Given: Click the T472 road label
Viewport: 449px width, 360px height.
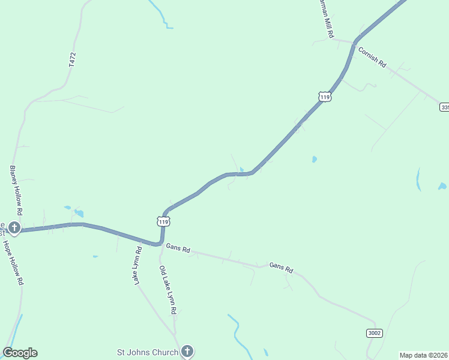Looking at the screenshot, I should (73, 59).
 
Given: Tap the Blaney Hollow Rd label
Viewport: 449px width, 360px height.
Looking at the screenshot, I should (16, 191).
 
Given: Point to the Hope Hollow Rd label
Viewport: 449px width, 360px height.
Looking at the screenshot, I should (13, 262).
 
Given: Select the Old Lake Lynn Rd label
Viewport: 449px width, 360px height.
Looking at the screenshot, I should (167, 290).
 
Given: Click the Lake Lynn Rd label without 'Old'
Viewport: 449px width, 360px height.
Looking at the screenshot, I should (137, 265).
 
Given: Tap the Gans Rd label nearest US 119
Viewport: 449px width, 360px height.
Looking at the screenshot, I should (178, 248).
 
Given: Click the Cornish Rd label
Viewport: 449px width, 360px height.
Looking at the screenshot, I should (372, 57).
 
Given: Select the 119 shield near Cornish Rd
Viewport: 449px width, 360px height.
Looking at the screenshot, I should (325, 97).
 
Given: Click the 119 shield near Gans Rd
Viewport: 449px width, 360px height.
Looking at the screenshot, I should (163, 221).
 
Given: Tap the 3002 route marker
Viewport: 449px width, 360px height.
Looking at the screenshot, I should (374, 333).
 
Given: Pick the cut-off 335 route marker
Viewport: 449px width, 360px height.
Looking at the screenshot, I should (444, 107).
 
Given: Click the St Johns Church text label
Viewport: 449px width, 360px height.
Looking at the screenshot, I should (148, 352).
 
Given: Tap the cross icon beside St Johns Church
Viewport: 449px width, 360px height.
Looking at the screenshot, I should (187, 351).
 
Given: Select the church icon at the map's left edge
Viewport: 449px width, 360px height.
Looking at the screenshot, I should (14, 228).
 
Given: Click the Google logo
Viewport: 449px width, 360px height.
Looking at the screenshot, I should (20, 353).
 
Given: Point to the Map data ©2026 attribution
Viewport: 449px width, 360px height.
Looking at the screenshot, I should (424, 355).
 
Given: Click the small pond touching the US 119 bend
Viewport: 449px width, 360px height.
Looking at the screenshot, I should (242, 170).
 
